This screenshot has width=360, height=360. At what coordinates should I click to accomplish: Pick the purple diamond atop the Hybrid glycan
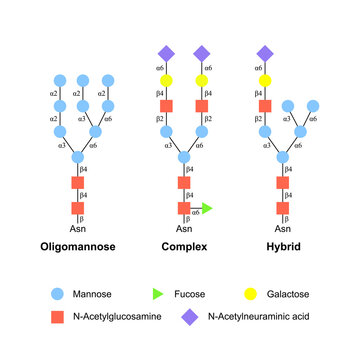(x=266, y=52)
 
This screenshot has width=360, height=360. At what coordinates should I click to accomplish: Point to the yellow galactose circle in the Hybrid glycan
(x=266, y=78)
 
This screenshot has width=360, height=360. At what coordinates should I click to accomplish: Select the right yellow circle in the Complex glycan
(x=202, y=78)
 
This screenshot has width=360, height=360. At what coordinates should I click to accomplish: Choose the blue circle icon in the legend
(x=57, y=296)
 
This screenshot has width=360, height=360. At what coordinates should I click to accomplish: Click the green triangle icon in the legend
(x=158, y=296)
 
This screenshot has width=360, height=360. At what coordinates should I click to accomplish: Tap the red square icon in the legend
(x=57, y=318)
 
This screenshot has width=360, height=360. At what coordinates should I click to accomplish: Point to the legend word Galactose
(x=295, y=296)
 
